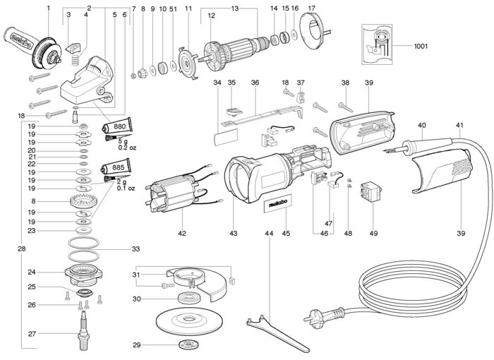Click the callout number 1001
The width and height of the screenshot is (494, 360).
point(421,47)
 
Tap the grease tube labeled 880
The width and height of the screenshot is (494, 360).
point(116,127)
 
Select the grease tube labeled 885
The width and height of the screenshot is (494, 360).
point(116,167)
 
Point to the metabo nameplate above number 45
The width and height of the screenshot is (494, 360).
point(277,203)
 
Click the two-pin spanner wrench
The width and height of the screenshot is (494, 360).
point(277,334)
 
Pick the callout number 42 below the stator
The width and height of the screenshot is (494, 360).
point(182,233)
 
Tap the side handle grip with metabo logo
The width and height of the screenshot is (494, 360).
point(18,39)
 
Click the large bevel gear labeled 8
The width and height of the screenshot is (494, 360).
point(83,201)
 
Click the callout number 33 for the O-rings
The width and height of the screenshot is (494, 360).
point(135,249)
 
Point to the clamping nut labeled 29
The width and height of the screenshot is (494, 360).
point(187,344)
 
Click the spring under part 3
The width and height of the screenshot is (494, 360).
point(76,59)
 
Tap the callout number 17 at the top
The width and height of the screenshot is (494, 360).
point(311,8)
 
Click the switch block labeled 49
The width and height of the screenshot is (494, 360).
point(370,192)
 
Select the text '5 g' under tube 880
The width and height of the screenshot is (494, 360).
point(123,142)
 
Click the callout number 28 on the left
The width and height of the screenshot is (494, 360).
point(21,248)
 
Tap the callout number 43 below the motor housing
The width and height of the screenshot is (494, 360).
point(233,233)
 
